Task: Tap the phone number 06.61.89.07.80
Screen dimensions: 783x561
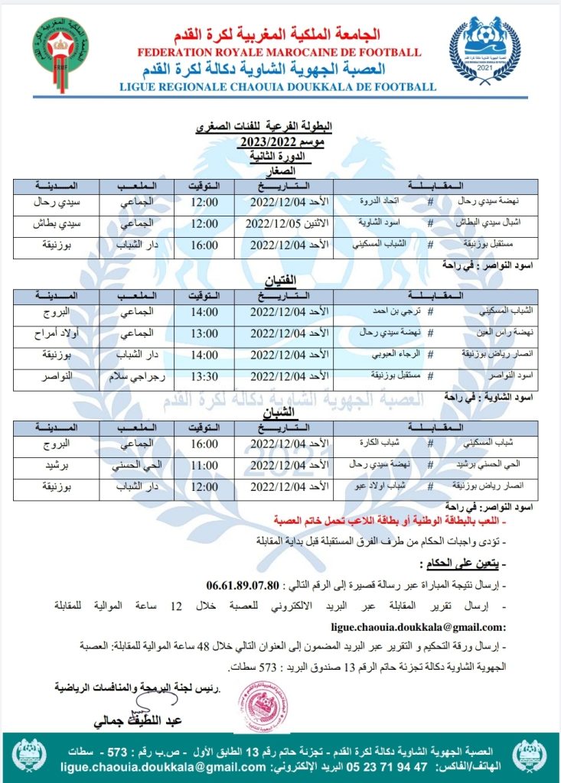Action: click(x=243, y=586)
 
